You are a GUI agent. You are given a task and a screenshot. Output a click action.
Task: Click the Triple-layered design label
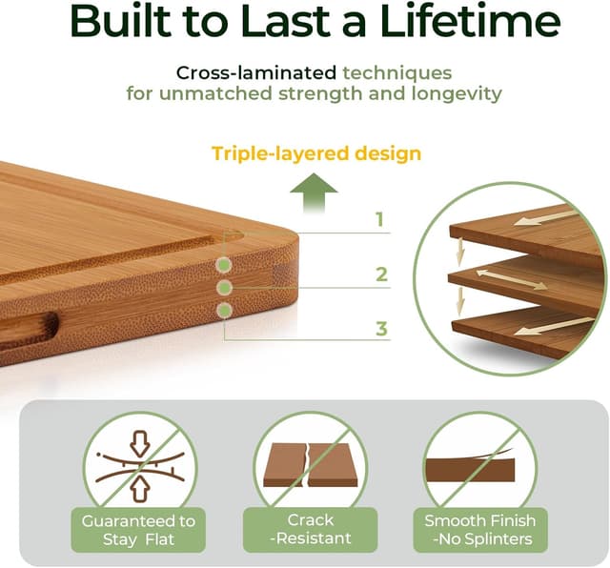[316, 153]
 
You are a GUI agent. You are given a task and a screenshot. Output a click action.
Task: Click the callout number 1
[379, 220]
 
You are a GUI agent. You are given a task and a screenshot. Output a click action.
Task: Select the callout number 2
[381, 275]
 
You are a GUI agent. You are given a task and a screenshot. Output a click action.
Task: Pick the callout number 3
[381, 330]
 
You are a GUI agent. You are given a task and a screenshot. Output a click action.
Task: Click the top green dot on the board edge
[224, 265]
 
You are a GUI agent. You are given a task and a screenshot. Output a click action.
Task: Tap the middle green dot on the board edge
[224, 287]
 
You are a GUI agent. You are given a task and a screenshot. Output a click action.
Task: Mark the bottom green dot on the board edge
[224, 310]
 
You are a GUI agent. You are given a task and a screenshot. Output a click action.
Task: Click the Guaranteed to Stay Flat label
[139, 530]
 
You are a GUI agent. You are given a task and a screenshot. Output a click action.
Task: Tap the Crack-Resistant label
[310, 530]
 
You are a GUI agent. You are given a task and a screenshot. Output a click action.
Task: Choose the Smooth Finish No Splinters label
[480, 530]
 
